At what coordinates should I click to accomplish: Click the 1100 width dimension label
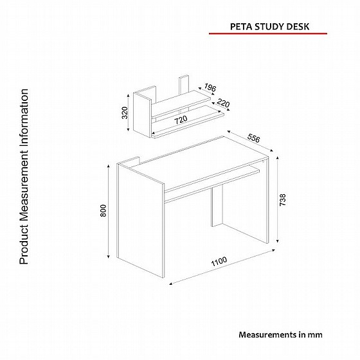pos(219,261)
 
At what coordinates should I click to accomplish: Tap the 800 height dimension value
pos(104,210)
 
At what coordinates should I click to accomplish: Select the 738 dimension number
pos(283,199)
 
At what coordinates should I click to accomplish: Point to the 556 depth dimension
pos(254,138)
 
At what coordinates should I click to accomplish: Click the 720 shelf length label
pos(181,120)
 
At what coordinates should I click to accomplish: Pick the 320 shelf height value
pos(125,113)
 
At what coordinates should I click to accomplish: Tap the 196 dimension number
pos(210,87)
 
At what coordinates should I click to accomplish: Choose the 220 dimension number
pos(224,103)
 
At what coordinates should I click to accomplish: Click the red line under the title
pos(268,33)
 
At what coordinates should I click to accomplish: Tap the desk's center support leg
pos(217,206)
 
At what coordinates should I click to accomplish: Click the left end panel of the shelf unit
pos(142,113)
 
